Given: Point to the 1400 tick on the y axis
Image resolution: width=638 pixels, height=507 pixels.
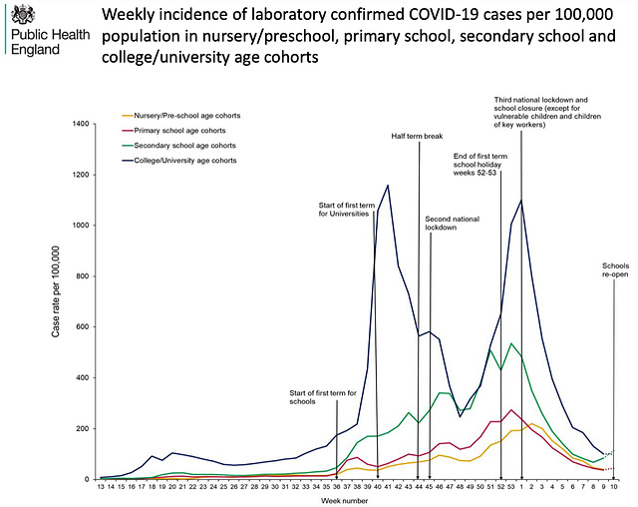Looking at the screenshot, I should pos(78,124).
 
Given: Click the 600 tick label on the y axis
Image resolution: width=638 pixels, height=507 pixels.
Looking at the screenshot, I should pos(81,327).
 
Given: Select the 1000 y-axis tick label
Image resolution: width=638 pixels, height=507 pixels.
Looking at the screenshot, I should pos(78,226).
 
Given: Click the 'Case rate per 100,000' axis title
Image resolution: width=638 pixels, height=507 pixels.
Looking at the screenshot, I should pos(58,301).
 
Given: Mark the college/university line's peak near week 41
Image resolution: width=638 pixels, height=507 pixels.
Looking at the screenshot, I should pos(388,186).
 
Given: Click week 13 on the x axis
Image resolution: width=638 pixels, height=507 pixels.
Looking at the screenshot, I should pos(101,486).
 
